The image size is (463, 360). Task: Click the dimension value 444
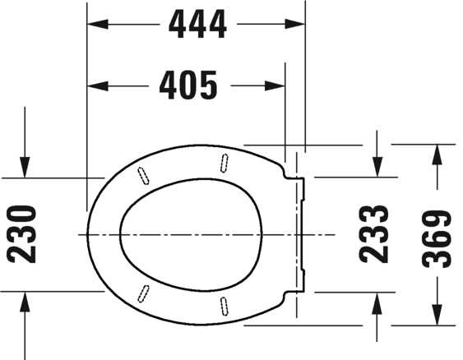tap(197, 25)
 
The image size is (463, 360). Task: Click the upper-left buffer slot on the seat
tap(146, 173)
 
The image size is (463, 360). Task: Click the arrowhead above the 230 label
tap(26, 168)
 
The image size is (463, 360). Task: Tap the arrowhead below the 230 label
tap(26, 301)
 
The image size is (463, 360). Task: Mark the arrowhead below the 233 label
tap(377, 301)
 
